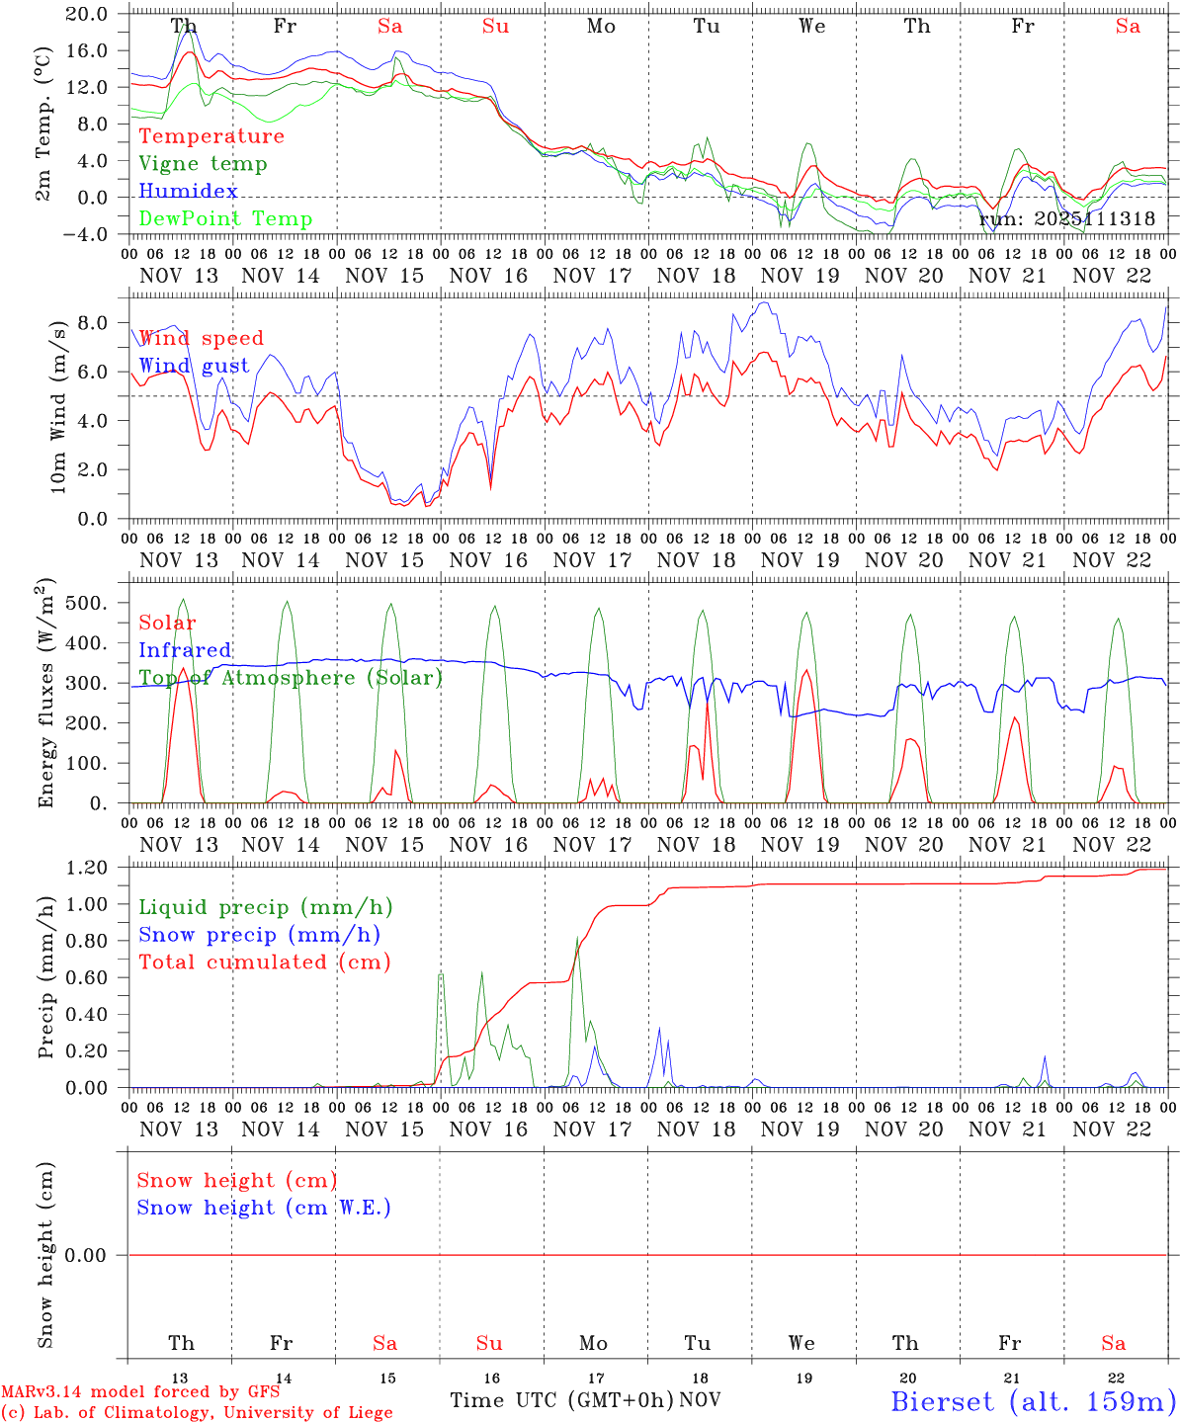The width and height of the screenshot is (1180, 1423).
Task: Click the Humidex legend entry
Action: [188, 192]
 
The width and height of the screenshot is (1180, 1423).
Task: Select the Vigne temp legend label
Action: [203, 164]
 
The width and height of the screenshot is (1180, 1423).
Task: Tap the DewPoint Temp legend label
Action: [225, 219]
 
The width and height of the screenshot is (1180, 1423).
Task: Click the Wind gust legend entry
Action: [194, 367]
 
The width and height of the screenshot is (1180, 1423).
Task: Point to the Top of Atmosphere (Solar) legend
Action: [290, 678]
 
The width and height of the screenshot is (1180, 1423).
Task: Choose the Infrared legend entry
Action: [185, 650]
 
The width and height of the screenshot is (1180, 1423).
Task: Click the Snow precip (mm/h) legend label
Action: [259, 935]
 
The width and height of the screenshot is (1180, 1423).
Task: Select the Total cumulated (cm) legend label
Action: [264, 963]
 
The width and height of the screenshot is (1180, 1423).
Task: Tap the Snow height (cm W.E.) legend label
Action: [263, 1208]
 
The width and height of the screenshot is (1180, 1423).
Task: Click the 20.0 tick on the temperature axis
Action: [88, 14]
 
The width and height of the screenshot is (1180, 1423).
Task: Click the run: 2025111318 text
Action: [1066, 219]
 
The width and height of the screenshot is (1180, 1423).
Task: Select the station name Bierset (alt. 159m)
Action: [1033, 1401]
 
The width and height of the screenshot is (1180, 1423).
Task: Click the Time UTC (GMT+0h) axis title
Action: [561, 1400]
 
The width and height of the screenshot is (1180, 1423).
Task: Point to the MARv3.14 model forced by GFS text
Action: [140, 1392]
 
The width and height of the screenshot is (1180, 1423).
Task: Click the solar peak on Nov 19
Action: [806, 670]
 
